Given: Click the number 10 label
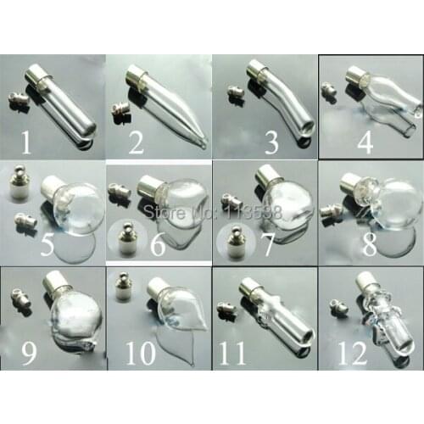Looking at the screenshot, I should (139, 350).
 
